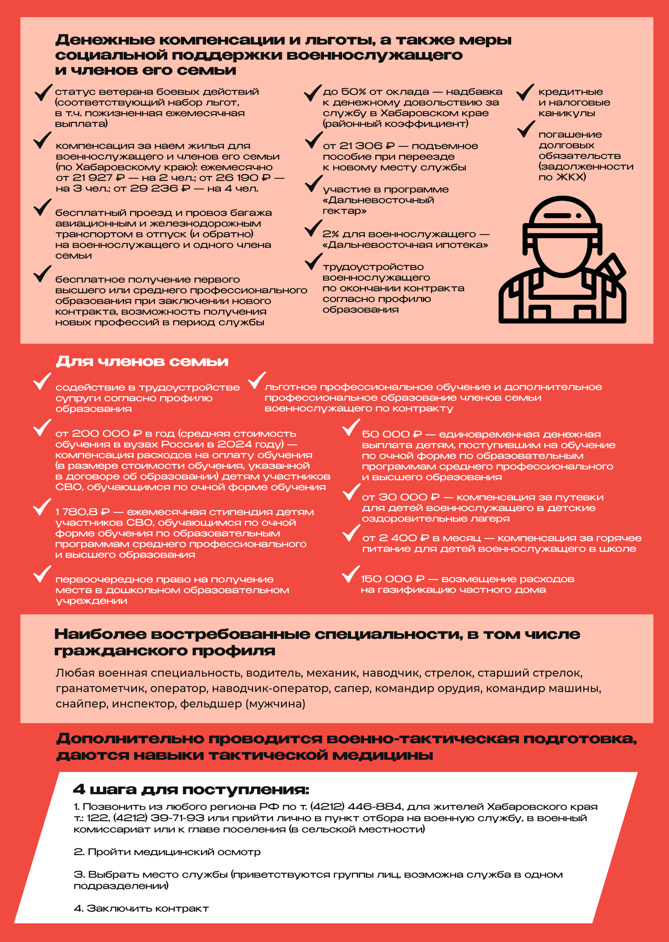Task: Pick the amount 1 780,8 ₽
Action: tap(82, 512)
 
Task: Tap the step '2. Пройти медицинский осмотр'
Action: tap(167, 852)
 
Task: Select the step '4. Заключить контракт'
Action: tap(141, 908)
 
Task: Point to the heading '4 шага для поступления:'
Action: tap(191, 790)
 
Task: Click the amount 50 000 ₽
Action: tap(392, 434)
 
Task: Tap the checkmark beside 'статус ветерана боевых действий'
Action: tap(43, 92)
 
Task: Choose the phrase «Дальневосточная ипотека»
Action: tap(405, 245)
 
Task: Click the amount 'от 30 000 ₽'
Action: tap(401, 497)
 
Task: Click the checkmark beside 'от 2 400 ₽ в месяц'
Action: tap(351, 533)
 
